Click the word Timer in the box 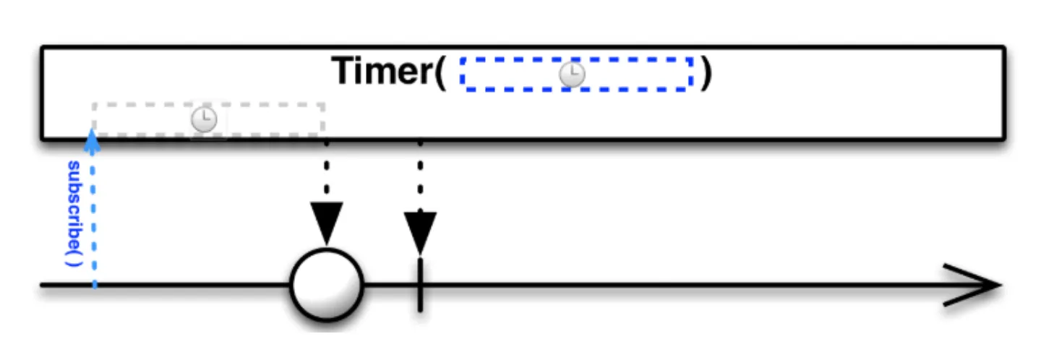(380, 72)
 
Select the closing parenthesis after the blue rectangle (706, 73)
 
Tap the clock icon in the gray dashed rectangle (205, 120)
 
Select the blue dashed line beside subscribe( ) (94, 217)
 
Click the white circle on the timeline (326, 286)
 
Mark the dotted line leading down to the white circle (327, 170)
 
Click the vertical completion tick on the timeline (420, 286)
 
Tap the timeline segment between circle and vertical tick (390, 286)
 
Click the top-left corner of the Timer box (43, 48)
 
